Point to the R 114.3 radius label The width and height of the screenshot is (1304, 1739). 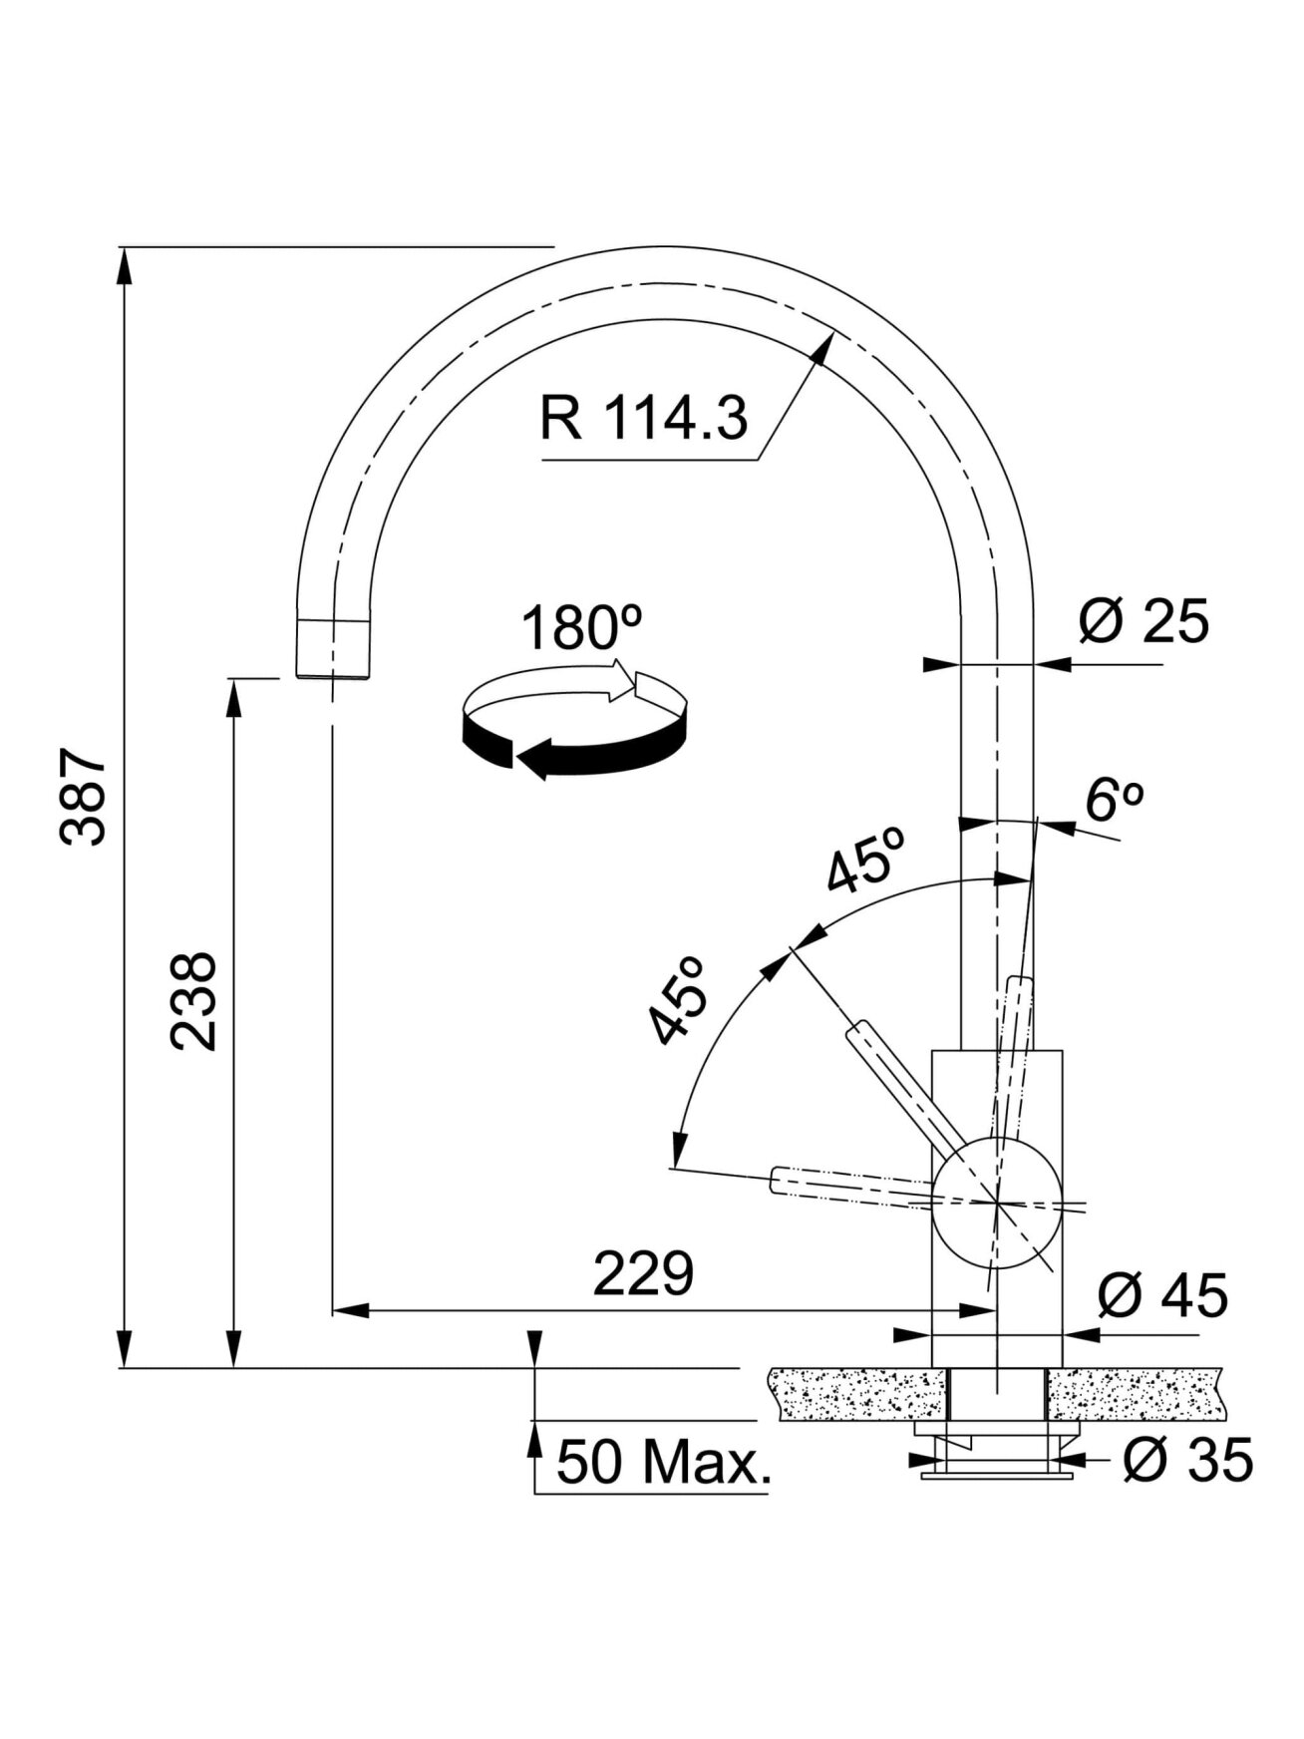(x=643, y=419)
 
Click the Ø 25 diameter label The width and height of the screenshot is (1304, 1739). (x=1143, y=620)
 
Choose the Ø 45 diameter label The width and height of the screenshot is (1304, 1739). (x=1162, y=1296)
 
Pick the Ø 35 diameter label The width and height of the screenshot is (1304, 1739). (x=1187, y=1460)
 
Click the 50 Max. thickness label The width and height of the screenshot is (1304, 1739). (x=664, y=1462)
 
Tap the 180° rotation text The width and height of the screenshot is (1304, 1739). (x=581, y=627)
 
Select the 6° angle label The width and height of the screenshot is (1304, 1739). (x=1114, y=800)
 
